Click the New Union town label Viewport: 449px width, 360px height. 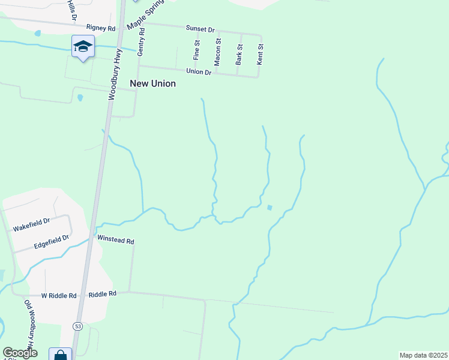(153, 84)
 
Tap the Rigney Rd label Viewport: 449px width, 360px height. (100, 28)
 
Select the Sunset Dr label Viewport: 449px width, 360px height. (200, 29)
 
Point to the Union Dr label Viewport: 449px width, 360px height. (199, 71)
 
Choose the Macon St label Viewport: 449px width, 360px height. (218, 52)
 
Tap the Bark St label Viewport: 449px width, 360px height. (240, 54)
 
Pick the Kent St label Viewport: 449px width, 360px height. (260, 54)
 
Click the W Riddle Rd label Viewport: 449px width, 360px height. (59, 296)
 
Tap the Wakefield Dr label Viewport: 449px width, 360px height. (31, 225)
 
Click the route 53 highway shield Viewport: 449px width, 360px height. (78, 326)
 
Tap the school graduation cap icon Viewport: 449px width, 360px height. (83, 46)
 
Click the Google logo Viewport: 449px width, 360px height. (20, 353)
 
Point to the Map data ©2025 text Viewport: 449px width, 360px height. (423, 355)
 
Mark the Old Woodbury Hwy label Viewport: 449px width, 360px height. (29, 324)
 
